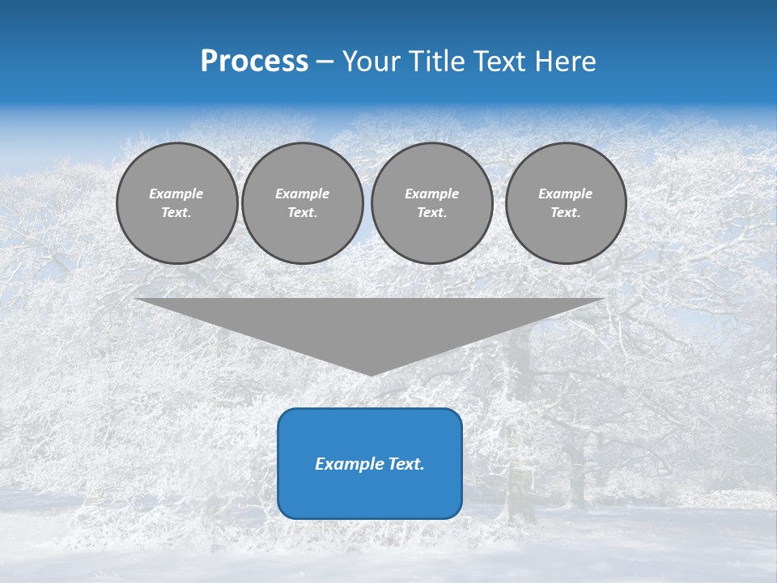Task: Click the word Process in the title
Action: [254, 62]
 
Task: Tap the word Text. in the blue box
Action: [405, 464]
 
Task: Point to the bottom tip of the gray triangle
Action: [371, 375]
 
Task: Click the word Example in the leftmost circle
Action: [176, 194]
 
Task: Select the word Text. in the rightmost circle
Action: [566, 213]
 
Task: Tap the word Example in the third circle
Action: [432, 194]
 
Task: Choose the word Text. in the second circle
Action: [303, 213]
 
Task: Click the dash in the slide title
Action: [325, 62]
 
